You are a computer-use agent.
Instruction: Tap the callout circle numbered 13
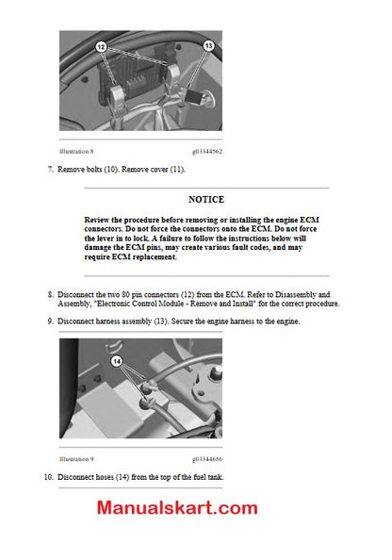[208, 44]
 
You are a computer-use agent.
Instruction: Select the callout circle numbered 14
[118, 360]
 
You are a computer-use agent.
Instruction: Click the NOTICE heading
[205, 200]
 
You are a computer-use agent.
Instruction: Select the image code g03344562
[207, 151]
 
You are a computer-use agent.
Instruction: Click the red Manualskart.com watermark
[176, 508]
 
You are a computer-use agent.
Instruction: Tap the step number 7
[50, 170]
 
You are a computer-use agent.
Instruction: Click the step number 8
[50, 294]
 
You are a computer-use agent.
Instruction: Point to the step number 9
[50, 321]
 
